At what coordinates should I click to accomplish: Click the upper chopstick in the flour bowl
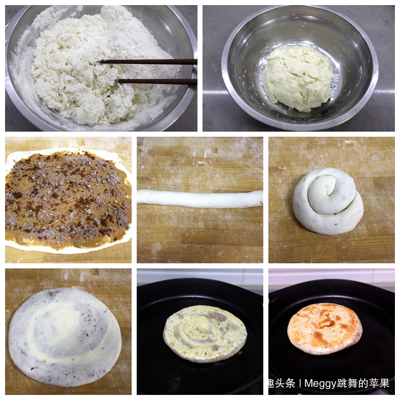(152, 61)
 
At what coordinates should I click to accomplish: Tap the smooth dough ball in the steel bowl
(297, 78)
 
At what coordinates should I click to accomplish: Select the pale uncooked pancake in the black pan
(205, 333)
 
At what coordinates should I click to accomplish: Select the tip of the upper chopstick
(101, 61)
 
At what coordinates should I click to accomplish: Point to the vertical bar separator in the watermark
(300, 384)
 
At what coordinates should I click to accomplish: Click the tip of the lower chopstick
(117, 81)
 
